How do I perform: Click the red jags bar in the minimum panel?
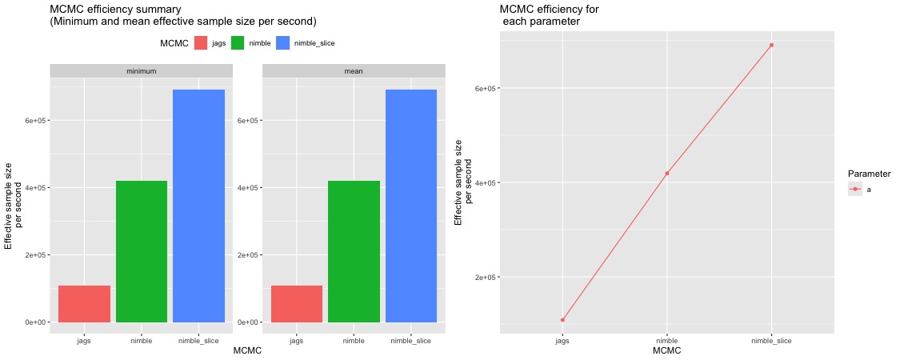84,304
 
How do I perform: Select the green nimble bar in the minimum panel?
142,251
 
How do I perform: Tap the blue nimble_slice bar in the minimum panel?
198,206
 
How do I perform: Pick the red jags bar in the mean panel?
297,304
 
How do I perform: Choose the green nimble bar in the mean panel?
354,251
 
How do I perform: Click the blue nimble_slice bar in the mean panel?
411,206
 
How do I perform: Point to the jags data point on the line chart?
562,320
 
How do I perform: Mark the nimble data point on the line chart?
666,174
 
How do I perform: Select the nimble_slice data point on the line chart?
771,45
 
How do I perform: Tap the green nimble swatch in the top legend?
238,43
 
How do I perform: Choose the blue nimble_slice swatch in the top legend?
282,43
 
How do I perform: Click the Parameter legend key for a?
855,190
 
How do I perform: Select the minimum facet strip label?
141,71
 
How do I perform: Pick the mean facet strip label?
353,71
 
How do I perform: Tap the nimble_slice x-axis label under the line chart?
771,341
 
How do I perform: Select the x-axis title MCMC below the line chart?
666,350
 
